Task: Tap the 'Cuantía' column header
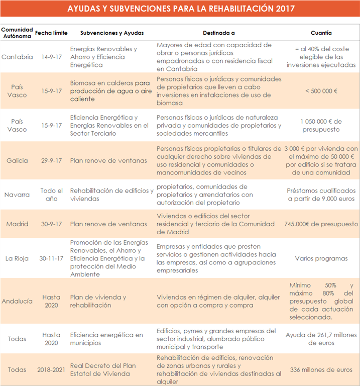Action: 321,33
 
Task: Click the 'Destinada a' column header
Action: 219,33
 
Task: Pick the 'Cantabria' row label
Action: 17,57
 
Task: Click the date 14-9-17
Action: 52,57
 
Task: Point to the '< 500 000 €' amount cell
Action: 321,91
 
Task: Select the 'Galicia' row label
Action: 17,161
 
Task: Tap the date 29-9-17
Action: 52,161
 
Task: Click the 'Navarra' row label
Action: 17,195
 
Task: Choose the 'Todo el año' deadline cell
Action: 52,195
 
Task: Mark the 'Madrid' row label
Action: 17,224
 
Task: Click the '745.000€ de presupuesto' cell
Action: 321,224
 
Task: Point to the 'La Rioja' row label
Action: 17,258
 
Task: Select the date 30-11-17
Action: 52,258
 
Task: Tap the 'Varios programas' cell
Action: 321,258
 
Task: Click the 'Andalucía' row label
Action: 17,301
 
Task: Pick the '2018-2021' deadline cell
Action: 52,370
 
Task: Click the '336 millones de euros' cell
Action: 321,370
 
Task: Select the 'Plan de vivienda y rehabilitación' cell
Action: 98,301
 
